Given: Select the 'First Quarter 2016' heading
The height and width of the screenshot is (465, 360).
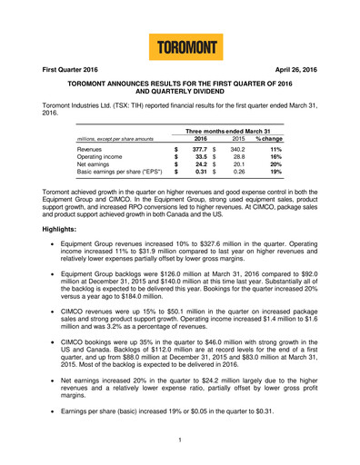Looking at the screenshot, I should click(51, 69).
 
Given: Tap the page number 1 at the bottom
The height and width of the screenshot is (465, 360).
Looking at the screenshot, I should click(180, 440).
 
